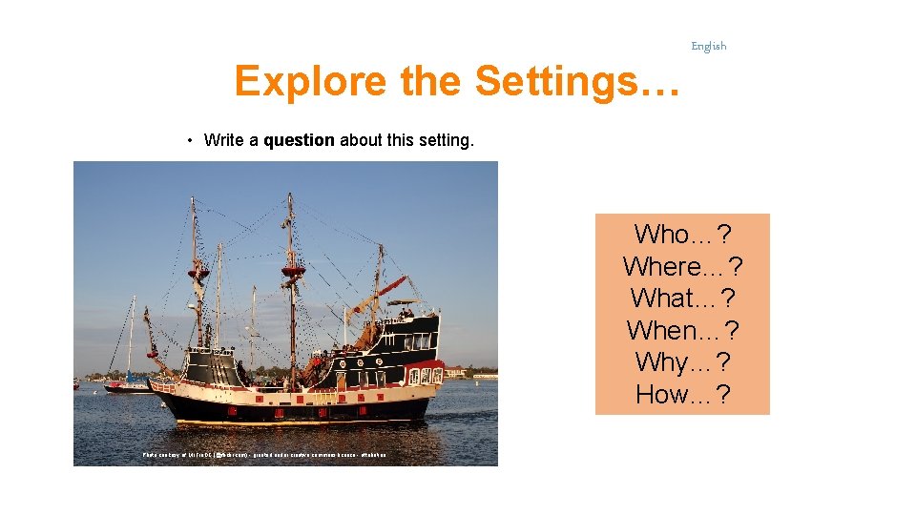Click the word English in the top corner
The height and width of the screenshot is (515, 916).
point(708,46)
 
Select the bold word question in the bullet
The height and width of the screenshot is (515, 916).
point(299,140)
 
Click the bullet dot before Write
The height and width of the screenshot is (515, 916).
point(191,141)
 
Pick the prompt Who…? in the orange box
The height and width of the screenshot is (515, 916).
point(682,234)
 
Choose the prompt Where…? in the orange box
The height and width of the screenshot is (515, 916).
point(682,266)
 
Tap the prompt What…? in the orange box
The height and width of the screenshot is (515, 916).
point(682,299)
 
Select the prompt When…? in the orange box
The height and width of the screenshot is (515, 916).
point(682,331)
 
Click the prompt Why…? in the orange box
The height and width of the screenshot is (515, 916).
point(682,362)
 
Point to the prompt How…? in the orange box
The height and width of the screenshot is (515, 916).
point(682,395)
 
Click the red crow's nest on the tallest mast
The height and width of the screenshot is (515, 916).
point(292,271)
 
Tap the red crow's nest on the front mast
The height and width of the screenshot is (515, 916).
point(198,273)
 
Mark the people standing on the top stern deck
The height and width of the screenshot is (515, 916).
point(406,312)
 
